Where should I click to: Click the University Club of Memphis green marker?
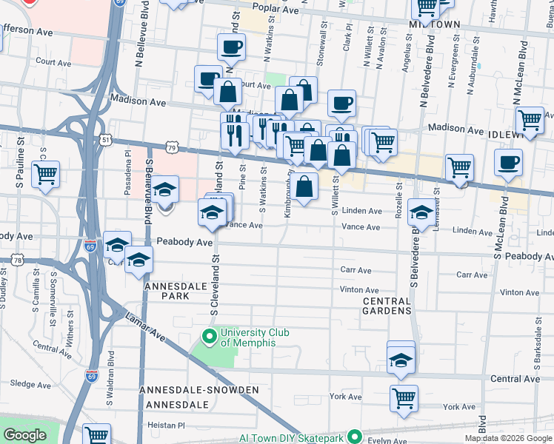pyautogui.click(x=210, y=337)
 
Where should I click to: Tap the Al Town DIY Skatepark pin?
pyautogui.click(x=355, y=436)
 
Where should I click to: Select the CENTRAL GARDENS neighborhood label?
pyautogui.click(x=387, y=306)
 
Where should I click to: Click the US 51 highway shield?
pyautogui.click(x=107, y=139)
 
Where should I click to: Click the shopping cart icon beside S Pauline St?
pyautogui.click(x=46, y=174)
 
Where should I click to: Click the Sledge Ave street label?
pyautogui.click(x=30, y=384)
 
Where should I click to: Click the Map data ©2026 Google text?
pyautogui.click(x=508, y=438)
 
